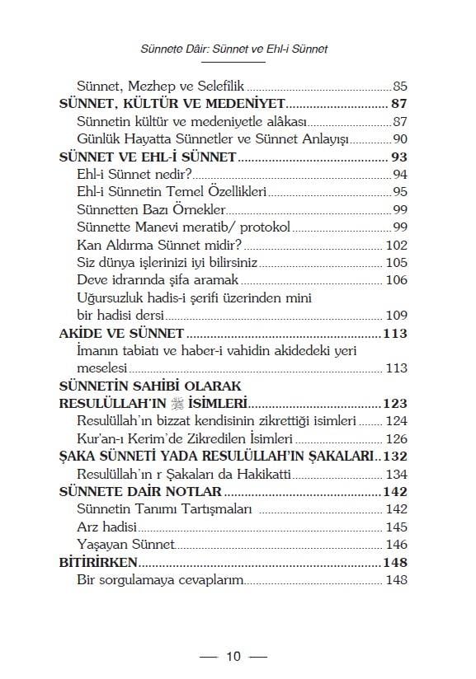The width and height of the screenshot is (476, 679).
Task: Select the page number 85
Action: pyautogui.click(x=400, y=85)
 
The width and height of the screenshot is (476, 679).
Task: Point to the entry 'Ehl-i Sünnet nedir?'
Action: pyautogui.click(x=134, y=173)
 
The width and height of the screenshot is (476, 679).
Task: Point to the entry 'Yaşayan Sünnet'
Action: pyautogui.click(x=125, y=545)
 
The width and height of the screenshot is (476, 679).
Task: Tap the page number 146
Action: pyautogui.click(x=397, y=545)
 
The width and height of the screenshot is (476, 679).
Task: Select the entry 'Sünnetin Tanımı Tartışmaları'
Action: pyautogui.click(x=163, y=509)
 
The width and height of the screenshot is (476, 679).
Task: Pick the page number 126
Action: pyautogui.click(x=397, y=438)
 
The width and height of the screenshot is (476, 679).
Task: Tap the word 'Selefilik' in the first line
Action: pyautogui.click(x=219, y=85)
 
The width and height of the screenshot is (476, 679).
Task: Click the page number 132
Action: pyautogui.click(x=395, y=456)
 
